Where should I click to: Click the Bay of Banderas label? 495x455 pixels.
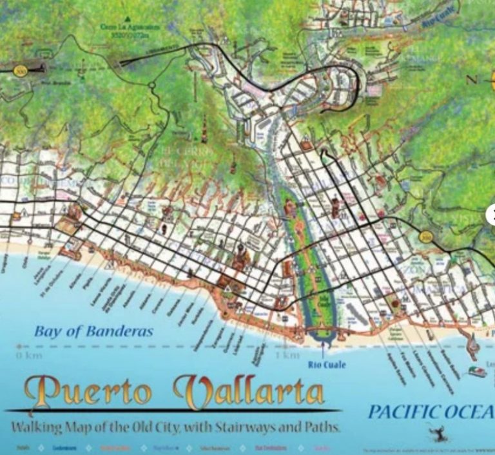94,332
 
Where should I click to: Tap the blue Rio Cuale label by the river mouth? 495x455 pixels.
326,365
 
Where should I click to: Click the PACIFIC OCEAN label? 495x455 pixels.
429,412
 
